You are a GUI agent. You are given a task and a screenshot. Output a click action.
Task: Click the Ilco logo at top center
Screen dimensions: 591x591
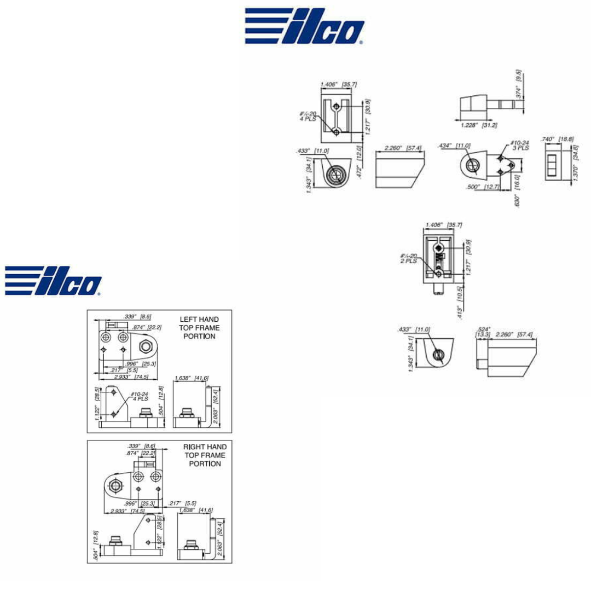305,26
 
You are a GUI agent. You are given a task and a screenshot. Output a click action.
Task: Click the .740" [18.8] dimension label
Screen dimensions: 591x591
557,140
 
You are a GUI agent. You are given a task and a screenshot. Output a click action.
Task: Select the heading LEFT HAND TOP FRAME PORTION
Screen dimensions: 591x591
199,327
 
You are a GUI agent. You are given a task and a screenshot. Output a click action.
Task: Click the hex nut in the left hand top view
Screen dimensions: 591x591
146,346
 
